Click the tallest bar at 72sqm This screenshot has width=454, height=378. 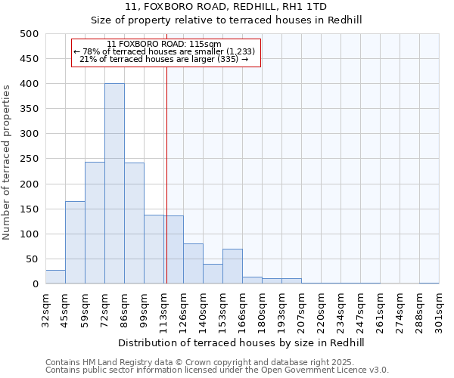114,184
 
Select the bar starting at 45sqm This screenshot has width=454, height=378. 75,243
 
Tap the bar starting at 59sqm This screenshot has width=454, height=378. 95,223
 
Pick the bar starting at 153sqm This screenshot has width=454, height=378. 232,266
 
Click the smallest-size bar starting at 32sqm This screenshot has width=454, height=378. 55,277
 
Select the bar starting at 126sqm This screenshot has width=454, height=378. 193,264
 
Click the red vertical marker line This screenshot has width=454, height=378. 166,189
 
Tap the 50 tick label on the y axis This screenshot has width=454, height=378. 32,259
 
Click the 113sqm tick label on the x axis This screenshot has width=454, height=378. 163,310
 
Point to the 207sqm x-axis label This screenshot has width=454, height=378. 301,310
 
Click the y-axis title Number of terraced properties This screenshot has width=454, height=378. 7,162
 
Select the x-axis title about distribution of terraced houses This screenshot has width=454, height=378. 241,342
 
